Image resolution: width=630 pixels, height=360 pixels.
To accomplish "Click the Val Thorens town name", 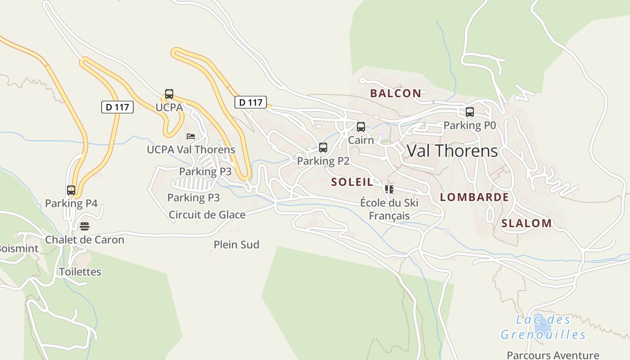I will (x=452, y=151).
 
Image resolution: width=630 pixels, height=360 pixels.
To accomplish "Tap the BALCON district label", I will (x=396, y=94).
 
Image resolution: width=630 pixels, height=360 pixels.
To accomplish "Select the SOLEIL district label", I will (x=352, y=182).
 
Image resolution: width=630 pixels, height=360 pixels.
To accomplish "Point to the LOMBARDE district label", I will (x=474, y=197).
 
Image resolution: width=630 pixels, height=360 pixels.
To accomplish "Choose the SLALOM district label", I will (x=526, y=223).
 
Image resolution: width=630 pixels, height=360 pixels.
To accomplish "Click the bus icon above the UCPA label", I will (x=169, y=94).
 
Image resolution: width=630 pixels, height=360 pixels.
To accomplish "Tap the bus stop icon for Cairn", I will (x=361, y=127).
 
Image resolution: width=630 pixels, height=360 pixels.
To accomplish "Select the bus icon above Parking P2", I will (x=323, y=148).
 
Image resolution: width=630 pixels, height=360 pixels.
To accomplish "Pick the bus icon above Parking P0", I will (x=470, y=112).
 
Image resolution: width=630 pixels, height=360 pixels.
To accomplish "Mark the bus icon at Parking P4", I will (x=71, y=190).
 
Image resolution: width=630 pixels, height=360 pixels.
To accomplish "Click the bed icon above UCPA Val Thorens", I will (x=191, y=136).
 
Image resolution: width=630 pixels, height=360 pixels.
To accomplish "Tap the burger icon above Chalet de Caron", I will (x=85, y=226).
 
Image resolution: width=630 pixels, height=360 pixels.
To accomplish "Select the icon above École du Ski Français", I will (x=389, y=189).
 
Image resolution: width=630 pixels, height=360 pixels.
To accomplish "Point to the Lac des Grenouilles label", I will (x=543, y=327).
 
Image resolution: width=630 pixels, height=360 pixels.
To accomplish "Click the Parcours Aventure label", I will (x=553, y=355).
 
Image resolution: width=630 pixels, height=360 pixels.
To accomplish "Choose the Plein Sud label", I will (x=236, y=245).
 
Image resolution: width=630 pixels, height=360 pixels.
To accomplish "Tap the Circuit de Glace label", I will (x=207, y=215).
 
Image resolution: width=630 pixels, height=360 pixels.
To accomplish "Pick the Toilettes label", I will (x=80, y=272).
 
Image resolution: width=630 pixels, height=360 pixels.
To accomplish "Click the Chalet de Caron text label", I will (x=85, y=240).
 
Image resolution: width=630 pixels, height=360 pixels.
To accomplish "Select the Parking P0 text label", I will (x=470, y=126).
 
